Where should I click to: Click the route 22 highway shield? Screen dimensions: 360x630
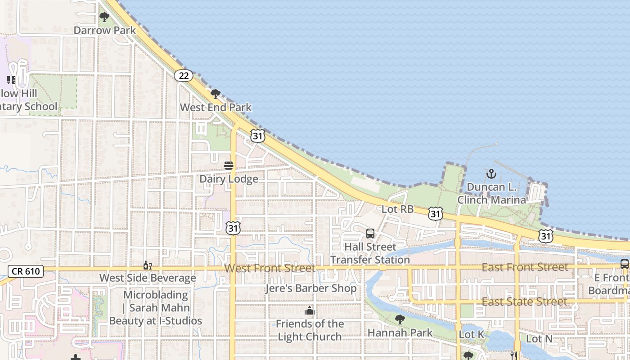tap(184, 76)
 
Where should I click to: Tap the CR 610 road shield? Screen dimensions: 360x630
tap(26, 271)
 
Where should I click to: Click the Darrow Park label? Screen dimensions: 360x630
tap(104, 30)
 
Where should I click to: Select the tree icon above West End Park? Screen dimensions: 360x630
tap(216, 94)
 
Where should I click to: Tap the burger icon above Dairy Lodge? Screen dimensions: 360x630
tap(229, 166)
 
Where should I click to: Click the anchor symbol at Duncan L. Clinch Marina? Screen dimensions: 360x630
tap(491, 174)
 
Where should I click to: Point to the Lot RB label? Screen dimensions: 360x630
tap(397, 209)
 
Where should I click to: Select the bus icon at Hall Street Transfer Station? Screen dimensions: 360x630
tap(370, 234)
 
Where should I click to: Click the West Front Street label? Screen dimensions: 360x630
tap(270, 268)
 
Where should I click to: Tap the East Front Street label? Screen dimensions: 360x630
tap(525, 267)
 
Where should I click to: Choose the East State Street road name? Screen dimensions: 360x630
tap(524, 301)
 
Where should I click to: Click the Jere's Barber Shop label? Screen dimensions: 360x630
tap(310, 288)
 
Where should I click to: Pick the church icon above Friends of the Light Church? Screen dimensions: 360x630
tap(310, 310)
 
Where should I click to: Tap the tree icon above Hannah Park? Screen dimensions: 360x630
tap(400, 319)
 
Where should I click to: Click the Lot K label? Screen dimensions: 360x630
tap(471, 335)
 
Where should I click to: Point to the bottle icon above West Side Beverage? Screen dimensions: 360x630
tap(147, 265)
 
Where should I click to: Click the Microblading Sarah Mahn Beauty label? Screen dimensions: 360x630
tap(156, 308)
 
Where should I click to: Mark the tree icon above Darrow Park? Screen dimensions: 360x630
tap(104, 18)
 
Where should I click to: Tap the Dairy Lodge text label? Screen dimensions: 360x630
tap(229, 179)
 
